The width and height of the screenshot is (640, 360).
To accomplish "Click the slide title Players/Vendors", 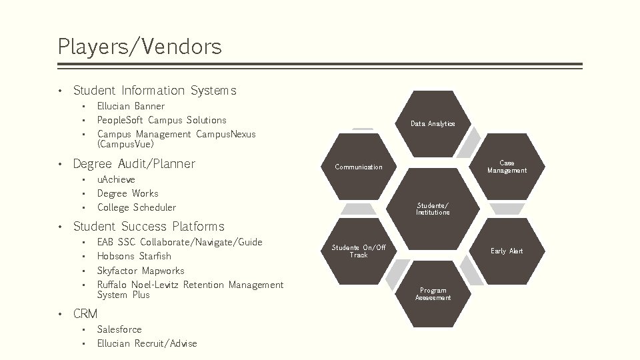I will click(139, 47).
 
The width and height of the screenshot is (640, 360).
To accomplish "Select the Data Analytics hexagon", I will click(433, 124).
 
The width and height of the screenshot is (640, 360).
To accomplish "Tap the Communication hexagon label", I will click(359, 167).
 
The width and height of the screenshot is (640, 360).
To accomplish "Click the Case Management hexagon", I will click(507, 167).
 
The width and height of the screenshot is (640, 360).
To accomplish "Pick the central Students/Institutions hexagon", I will click(433, 209).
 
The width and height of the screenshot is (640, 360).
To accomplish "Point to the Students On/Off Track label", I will click(359, 251).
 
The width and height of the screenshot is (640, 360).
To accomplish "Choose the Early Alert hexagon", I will click(507, 251).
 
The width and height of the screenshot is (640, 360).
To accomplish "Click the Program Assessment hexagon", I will click(433, 294).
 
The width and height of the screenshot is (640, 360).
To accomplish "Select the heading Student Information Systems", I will click(155, 90).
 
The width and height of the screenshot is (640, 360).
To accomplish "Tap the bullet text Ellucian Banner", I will click(131, 106).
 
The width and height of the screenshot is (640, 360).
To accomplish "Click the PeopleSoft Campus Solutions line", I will click(162, 120).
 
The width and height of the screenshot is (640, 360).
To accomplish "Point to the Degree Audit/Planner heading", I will click(134, 163).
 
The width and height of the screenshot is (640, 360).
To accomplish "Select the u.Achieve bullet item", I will click(116, 179).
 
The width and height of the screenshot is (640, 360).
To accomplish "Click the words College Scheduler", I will click(137, 207).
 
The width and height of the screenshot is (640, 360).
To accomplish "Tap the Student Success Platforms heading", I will click(149, 226).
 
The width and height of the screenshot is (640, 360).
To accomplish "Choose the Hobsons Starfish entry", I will click(134, 256).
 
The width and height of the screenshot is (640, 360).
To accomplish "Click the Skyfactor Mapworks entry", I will click(141, 271).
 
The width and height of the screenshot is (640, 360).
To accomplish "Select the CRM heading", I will click(85, 313).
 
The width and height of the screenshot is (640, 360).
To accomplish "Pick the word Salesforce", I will click(119, 329).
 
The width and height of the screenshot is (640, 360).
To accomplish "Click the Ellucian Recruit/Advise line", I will click(147, 343).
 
